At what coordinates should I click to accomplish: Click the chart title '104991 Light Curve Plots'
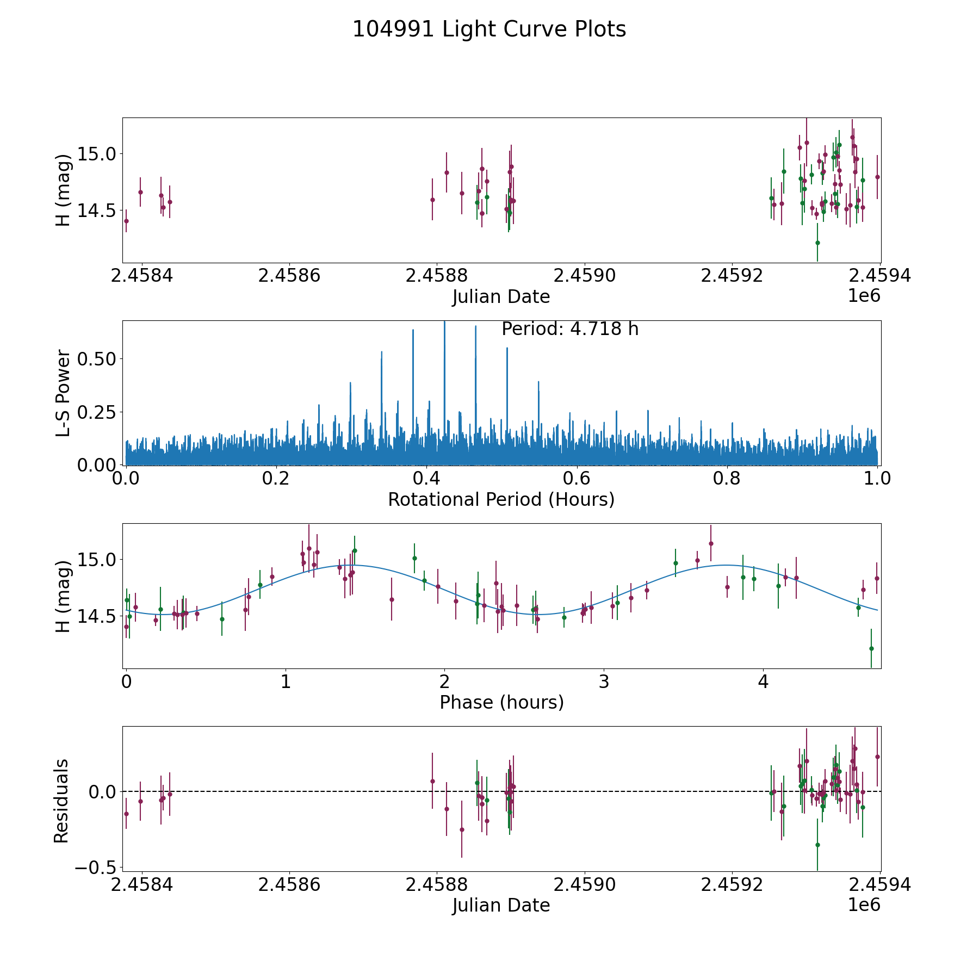coord(489,29)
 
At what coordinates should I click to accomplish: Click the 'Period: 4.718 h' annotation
coord(569,329)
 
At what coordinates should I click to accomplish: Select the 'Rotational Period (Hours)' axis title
coord(501,499)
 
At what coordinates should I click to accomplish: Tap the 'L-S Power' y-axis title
coord(63,393)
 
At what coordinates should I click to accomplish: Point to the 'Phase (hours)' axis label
coord(501,702)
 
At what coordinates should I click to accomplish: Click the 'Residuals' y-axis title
coord(61,801)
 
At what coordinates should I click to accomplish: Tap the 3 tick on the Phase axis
coord(604,682)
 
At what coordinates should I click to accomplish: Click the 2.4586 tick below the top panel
coord(289,276)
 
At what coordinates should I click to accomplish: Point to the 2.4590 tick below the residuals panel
coord(585,885)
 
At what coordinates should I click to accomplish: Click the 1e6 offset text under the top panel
coord(864,296)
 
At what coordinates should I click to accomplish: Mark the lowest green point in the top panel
coord(817,243)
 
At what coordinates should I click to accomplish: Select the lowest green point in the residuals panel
coord(817,845)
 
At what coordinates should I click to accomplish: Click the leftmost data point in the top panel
coord(126,221)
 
